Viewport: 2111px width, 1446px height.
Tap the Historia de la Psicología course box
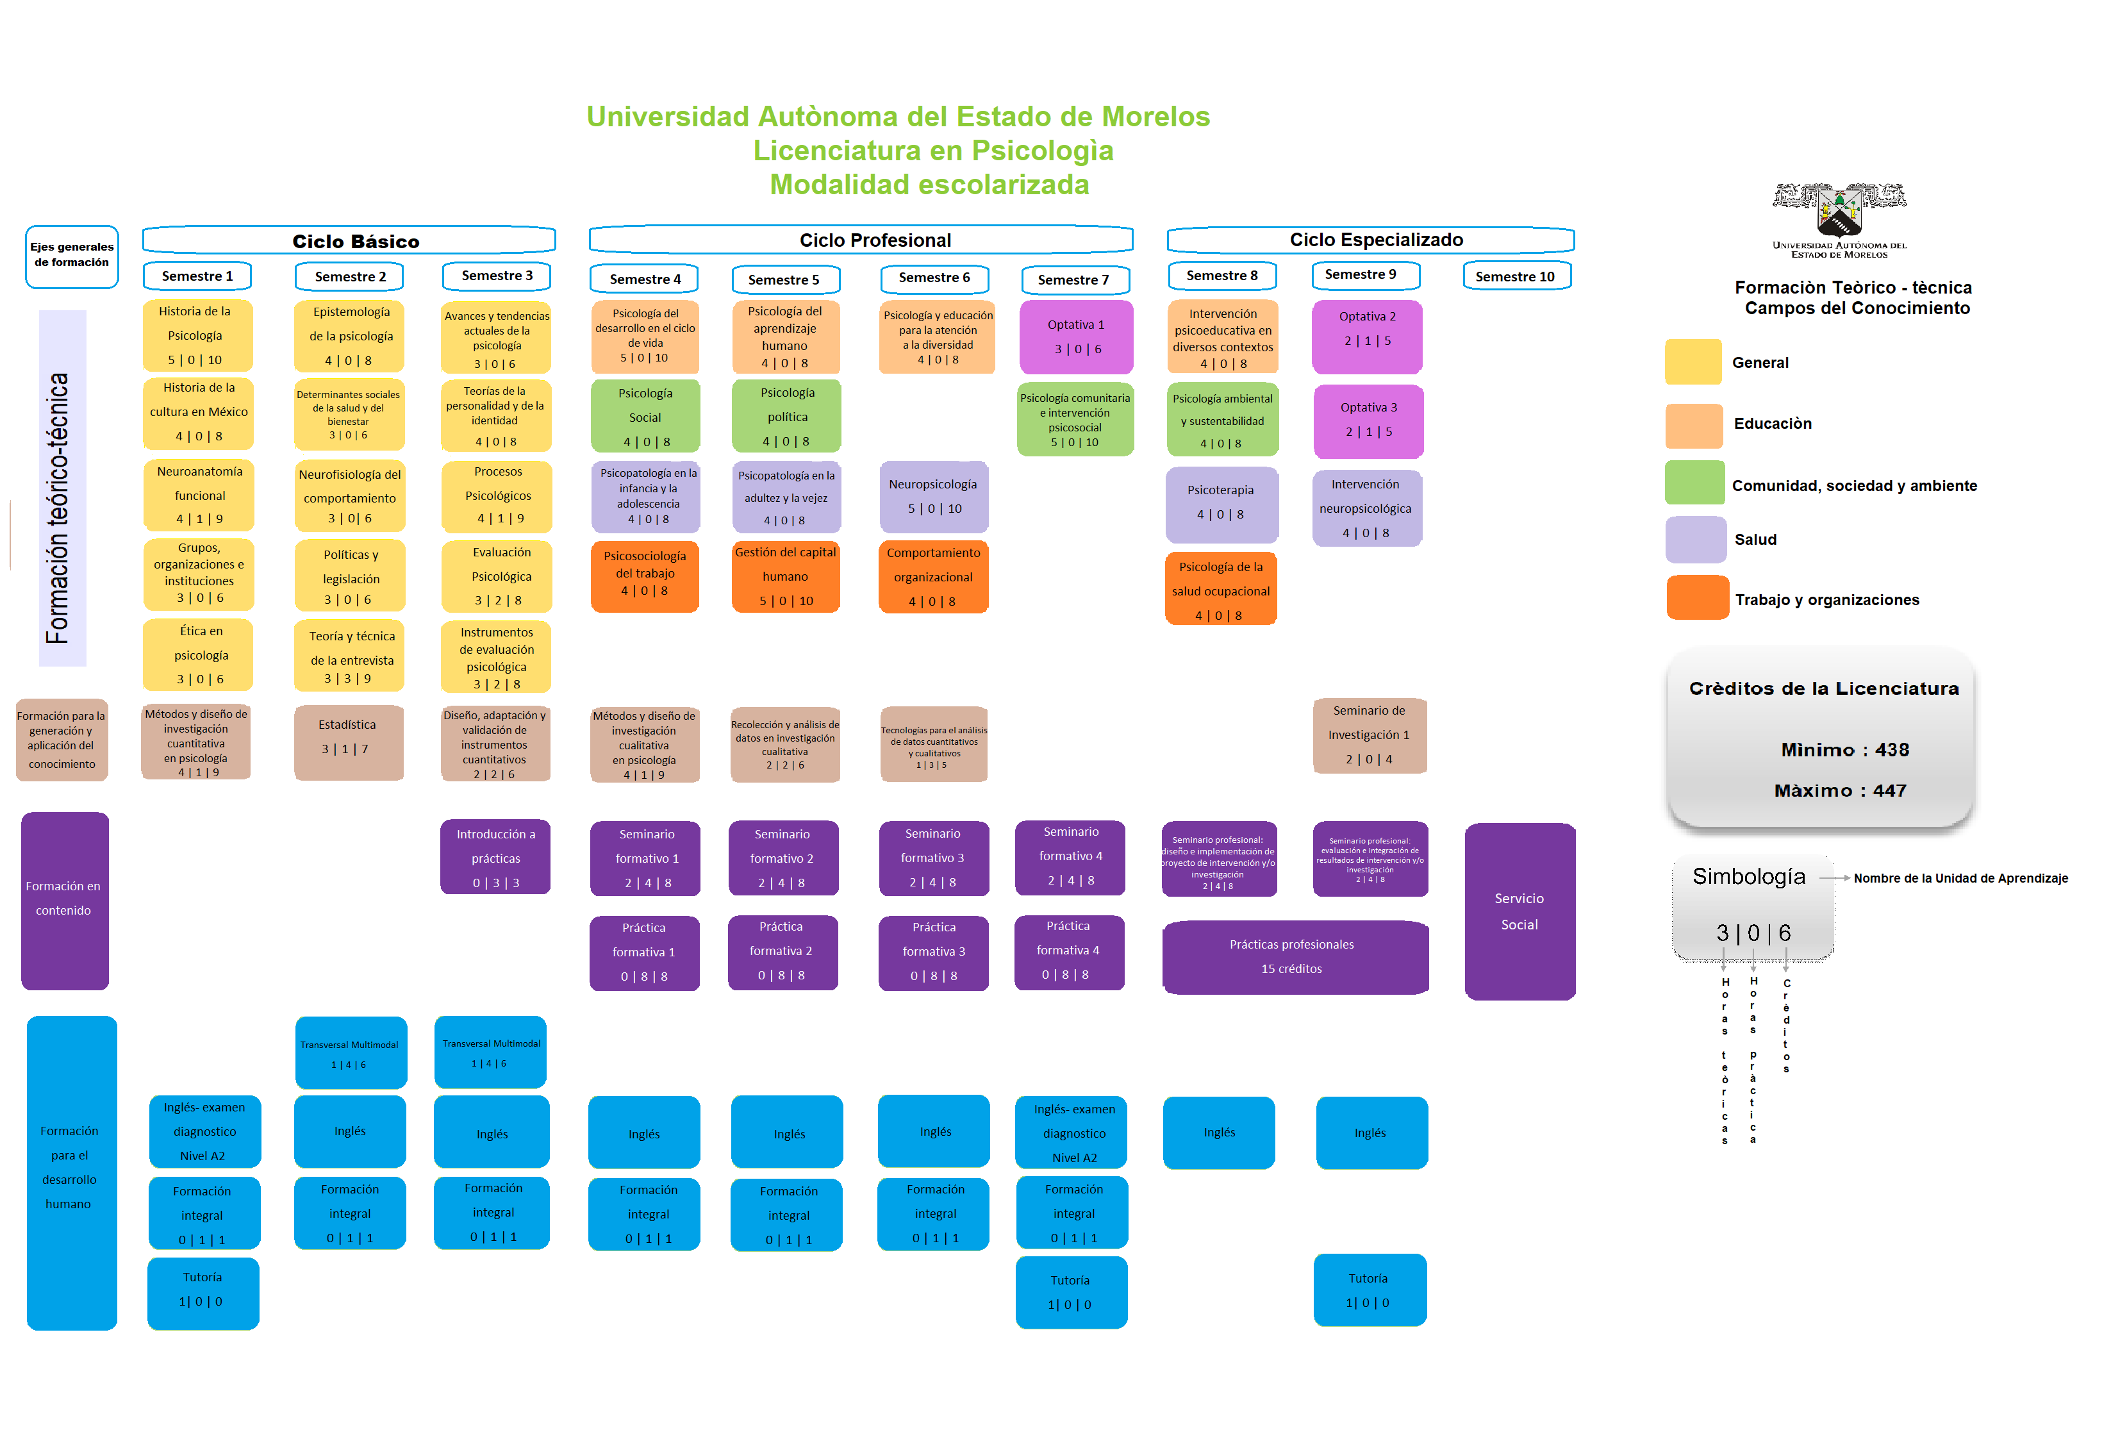tap(197, 335)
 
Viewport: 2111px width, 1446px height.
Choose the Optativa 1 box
tap(1077, 337)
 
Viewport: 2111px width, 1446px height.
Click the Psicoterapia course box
tap(1221, 503)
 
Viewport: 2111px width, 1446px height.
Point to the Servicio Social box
tap(1519, 911)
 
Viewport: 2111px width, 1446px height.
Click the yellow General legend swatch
tap(1693, 362)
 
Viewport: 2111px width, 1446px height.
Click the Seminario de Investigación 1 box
tap(1369, 735)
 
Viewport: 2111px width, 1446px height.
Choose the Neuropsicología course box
tap(933, 497)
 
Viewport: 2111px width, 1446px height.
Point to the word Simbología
tap(1748, 876)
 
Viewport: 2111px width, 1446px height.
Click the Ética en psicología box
tap(199, 655)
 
